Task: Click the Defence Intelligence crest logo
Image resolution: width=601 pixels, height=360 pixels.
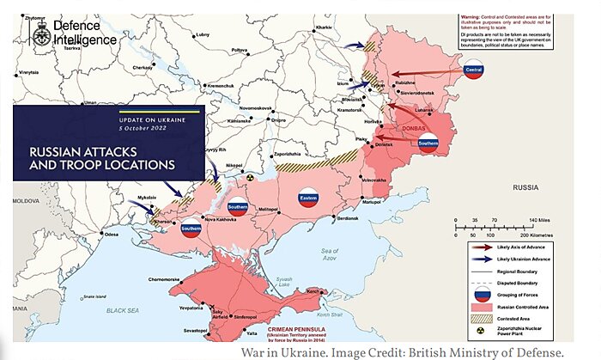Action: [x=40, y=33]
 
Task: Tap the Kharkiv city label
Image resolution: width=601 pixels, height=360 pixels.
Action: [x=324, y=27]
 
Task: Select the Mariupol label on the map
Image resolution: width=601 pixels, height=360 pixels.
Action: [x=371, y=202]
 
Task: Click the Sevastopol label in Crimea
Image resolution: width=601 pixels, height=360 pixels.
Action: [x=197, y=330]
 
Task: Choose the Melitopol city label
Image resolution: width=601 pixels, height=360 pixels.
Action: [x=269, y=210]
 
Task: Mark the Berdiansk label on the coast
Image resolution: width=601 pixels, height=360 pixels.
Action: [x=347, y=218]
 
